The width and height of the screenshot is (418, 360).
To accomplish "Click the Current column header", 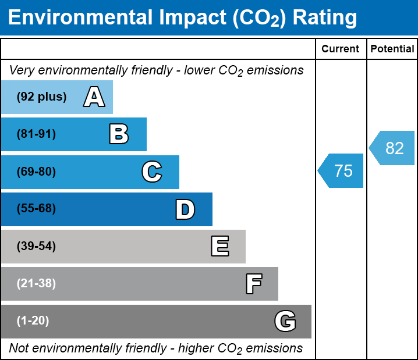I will (341, 49).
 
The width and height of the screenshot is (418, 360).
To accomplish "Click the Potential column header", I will (392, 49).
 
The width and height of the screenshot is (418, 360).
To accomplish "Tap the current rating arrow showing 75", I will (342, 171).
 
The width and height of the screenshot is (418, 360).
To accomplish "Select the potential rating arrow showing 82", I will (393, 148).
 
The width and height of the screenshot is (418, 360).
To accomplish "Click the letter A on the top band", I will (94, 97).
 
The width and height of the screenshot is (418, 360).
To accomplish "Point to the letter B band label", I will (119, 134).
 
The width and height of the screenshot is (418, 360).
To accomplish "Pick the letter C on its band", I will (152, 172).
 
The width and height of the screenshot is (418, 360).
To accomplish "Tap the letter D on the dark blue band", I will (185, 209).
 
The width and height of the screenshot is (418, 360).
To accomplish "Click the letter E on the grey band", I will (219, 247).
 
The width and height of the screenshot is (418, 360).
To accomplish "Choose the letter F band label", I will (253, 284).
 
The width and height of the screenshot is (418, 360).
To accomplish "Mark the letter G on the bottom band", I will (285, 321).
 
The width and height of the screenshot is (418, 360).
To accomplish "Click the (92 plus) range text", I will (41, 97).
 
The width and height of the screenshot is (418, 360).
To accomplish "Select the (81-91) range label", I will (36, 134).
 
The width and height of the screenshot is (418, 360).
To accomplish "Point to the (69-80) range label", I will (36, 172).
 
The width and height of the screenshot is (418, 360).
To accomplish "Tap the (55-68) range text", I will (36, 209).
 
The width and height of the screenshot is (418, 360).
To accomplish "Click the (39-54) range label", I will (36, 247).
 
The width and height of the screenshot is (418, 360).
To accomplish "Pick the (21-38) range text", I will (36, 284).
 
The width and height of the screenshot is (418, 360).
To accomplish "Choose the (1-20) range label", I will (33, 321).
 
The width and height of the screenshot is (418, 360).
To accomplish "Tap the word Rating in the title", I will (324, 18).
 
